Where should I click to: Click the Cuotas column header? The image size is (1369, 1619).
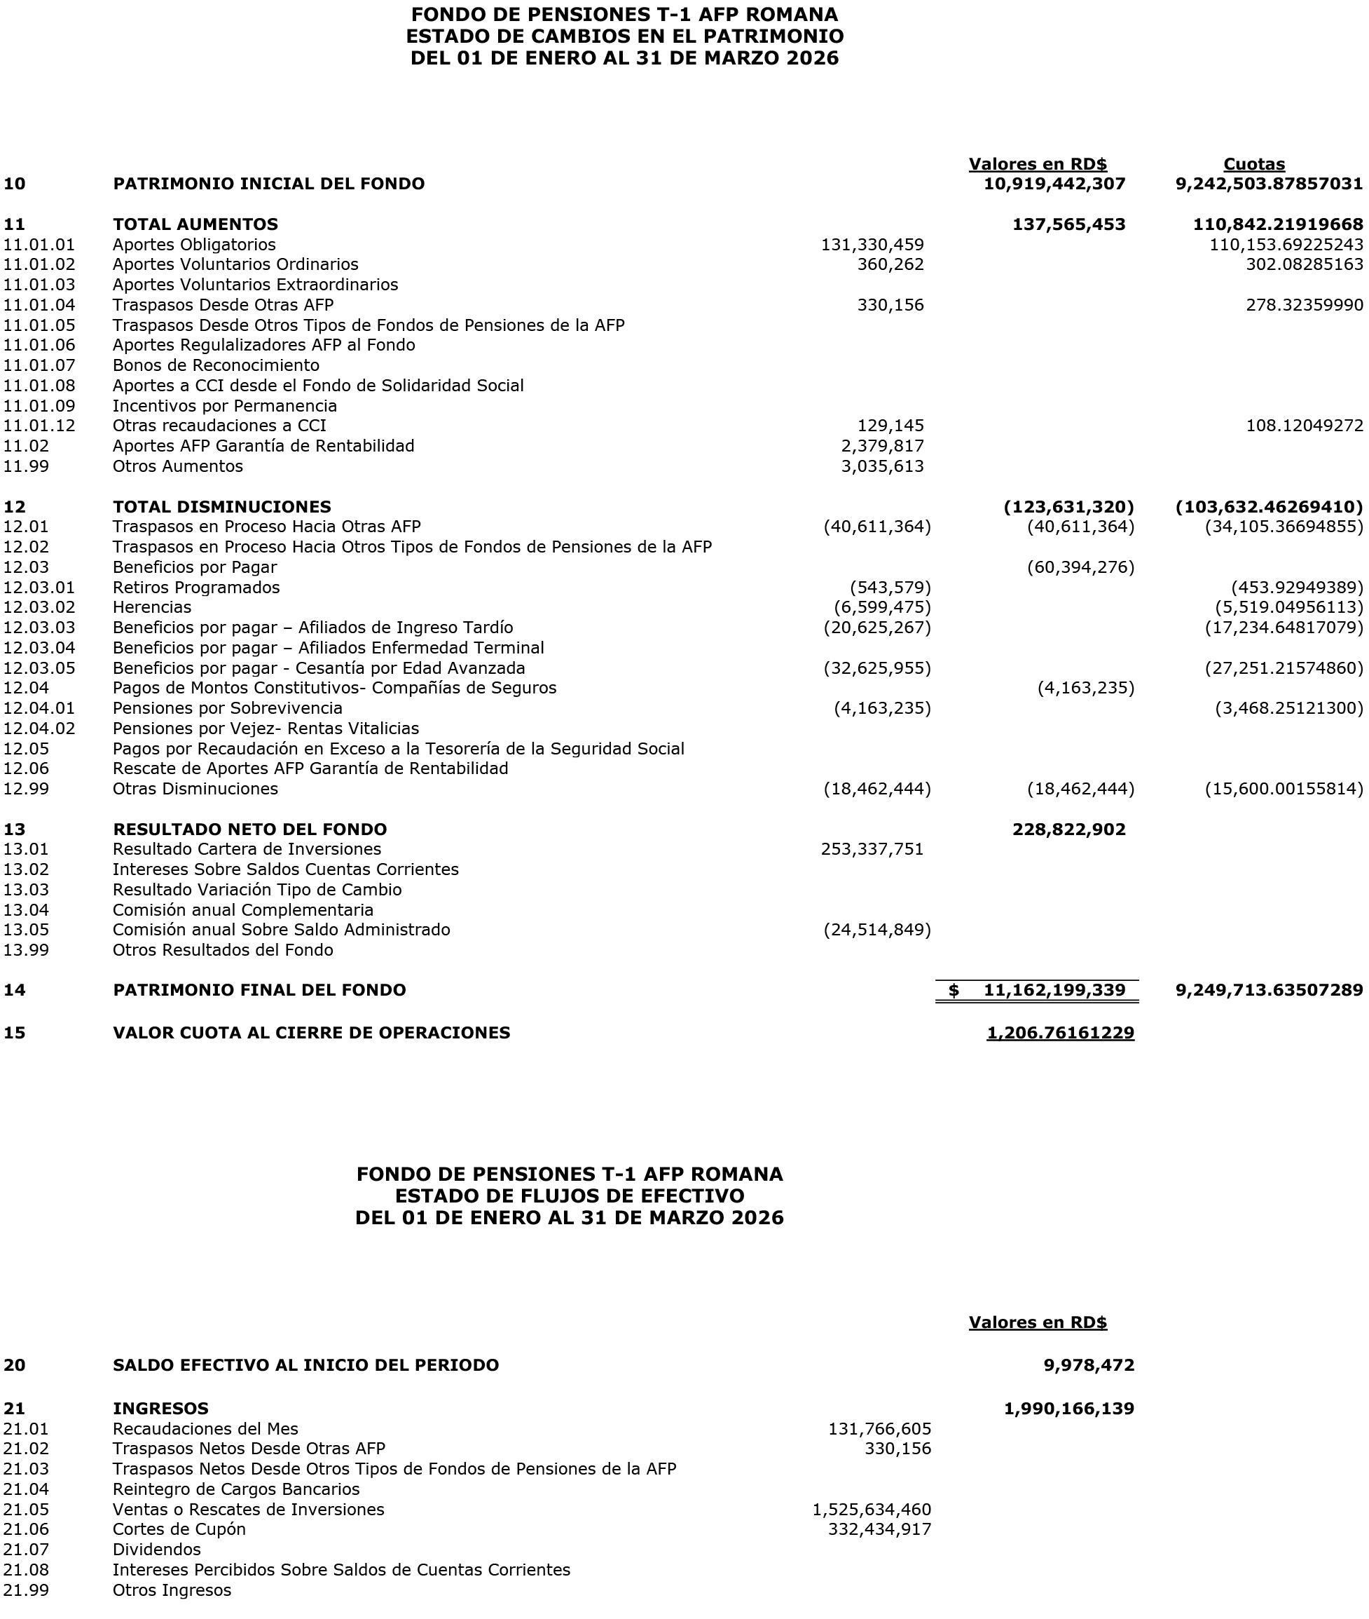point(1253,164)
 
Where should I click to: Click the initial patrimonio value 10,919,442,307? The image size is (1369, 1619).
point(1054,184)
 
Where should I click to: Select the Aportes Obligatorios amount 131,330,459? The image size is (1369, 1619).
point(872,245)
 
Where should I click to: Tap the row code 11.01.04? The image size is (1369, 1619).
point(39,305)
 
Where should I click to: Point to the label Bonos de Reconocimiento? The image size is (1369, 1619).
point(216,366)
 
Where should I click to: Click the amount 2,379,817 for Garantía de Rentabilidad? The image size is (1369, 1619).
point(882,446)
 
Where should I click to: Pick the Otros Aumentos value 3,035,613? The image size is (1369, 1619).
point(882,467)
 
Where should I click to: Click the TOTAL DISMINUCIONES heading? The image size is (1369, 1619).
point(222,507)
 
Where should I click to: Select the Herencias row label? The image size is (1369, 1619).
point(152,607)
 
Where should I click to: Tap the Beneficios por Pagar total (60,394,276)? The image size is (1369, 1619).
point(1080,568)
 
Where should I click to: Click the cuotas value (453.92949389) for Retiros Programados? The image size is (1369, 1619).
point(1297,588)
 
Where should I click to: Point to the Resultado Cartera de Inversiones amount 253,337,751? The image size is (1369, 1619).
point(872,850)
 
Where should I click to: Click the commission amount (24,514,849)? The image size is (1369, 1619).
point(877,930)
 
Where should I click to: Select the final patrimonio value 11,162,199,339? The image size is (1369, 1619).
point(1054,990)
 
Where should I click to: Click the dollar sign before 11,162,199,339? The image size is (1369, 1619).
point(954,990)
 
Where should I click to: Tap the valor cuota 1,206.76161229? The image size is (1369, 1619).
point(1060,1033)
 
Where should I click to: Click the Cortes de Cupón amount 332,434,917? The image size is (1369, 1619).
point(879,1530)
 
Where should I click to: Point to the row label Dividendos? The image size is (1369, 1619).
point(157,1550)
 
